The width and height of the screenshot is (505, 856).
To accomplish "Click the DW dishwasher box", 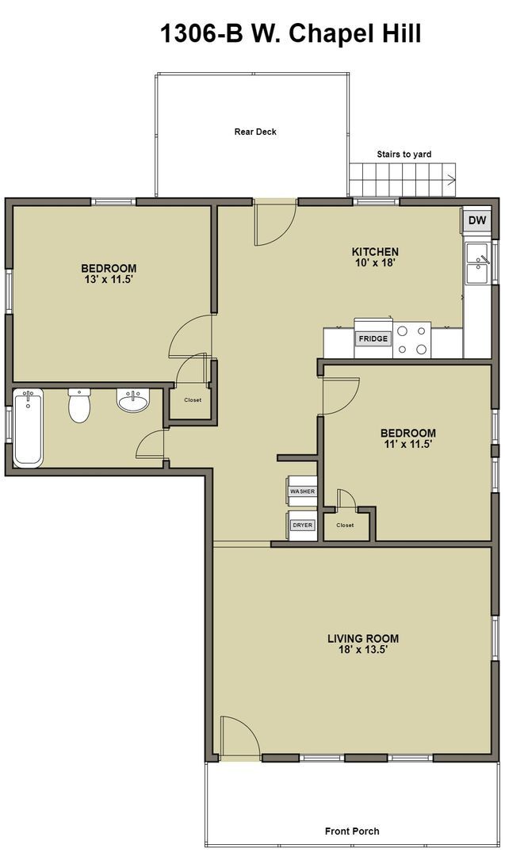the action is pos(477,220).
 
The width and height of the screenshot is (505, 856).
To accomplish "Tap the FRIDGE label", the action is pos(373,339).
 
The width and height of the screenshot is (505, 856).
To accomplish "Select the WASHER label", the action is pos(303,491).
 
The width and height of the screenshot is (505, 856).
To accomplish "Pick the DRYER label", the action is pos(303,525).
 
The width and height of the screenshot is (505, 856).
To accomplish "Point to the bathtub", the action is pos(28,427).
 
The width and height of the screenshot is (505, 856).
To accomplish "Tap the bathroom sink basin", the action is pos(132,400).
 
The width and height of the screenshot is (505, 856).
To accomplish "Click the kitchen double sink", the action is pos(476,263).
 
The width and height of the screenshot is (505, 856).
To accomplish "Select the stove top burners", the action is pos(411,340).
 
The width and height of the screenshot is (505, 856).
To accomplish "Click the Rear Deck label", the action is pos(255,132).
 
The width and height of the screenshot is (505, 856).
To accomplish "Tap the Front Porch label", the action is pos(352,831).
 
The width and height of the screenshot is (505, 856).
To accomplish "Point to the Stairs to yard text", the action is pos(404,155).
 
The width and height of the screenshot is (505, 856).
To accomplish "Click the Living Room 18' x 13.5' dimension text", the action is pos(363,650).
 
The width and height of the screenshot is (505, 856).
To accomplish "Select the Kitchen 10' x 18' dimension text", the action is pos(374,262).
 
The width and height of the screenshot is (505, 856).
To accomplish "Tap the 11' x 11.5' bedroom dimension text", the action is pos(408,445).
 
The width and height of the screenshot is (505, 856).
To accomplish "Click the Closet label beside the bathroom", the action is pos(193,400).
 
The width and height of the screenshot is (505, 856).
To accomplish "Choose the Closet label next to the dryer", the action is pos(345,525).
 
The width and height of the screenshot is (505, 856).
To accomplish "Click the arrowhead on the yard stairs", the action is pos(452,178).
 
